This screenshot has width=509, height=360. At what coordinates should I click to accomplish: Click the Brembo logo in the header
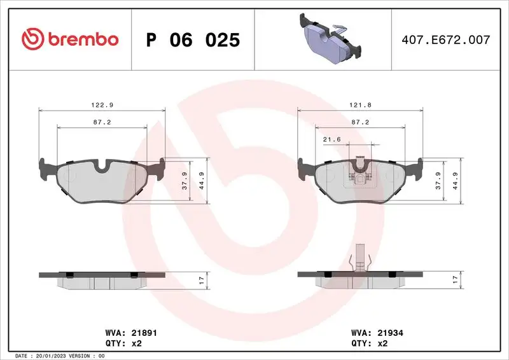tap(70, 39)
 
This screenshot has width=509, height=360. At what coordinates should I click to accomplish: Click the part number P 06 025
tap(193, 40)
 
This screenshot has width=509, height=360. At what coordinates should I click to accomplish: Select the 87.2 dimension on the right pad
tap(361, 121)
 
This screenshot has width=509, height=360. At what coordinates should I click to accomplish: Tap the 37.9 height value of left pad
tap(183, 181)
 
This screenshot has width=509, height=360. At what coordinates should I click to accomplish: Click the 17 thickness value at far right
tap(455, 279)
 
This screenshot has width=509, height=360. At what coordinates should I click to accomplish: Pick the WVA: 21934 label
tap(377, 333)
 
